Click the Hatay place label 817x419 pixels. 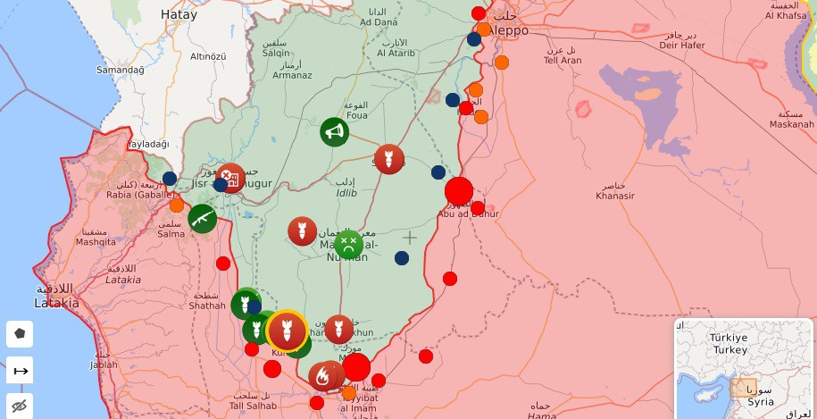(x=179, y=14)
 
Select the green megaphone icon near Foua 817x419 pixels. (x=334, y=132)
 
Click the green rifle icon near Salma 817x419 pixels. (x=202, y=218)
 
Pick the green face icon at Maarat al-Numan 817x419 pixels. (x=348, y=244)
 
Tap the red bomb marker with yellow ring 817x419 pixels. (x=287, y=331)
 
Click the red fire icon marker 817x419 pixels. (x=322, y=376)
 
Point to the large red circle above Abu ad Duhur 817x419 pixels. (x=459, y=191)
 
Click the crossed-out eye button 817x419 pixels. (x=20, y=406)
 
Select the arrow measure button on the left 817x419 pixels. (x=20, y=370)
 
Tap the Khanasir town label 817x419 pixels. (x=615, y=196)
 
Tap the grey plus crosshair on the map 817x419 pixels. (x=409, y=238)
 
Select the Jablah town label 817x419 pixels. (x=104, y=365)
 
